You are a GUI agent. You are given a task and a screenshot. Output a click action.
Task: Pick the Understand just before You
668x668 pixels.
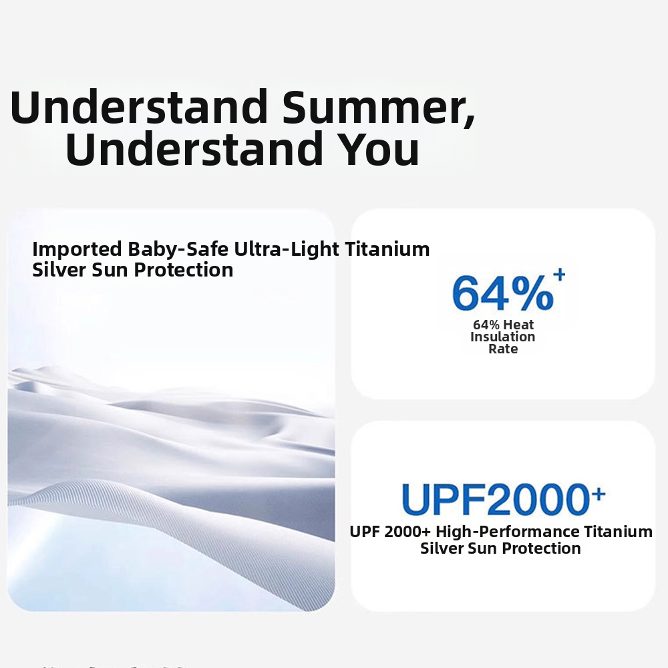tap(194, 148)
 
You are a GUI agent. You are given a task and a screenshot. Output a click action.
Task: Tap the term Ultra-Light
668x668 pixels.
tap(287, 249)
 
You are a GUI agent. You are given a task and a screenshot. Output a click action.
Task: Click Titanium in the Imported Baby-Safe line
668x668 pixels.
tap(387, 249)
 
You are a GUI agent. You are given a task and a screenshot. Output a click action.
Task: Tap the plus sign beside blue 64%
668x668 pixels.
tap(559, 275)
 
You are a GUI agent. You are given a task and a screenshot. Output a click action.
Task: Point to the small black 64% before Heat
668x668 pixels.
tap(486, 325)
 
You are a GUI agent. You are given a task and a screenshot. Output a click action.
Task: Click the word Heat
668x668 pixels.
tap(518, 325)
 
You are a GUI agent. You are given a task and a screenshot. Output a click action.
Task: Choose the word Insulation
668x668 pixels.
tap(503, 337)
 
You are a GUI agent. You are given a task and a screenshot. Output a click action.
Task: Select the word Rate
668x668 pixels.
tap(503, 349)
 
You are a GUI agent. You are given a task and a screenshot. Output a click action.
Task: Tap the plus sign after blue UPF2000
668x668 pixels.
tap(599, 494)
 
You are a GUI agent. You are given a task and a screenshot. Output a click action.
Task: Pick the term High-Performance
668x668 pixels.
tap(508, 532)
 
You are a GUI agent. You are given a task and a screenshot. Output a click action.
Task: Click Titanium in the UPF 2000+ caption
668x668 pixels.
tap(618, 532)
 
